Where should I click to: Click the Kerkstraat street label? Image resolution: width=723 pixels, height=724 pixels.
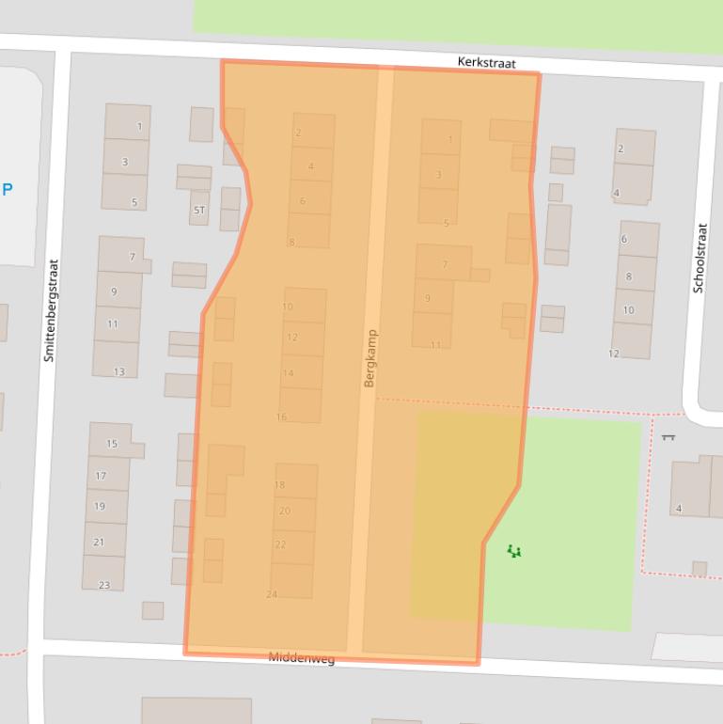(486, 62)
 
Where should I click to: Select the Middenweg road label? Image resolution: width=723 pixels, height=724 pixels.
(302, 657)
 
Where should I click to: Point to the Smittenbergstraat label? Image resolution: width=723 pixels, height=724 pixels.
(50, 311)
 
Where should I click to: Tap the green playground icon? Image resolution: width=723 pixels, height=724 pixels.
(513, 551)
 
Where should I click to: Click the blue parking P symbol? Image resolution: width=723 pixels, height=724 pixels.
(8, 189)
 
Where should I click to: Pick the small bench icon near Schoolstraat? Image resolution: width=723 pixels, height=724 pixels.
(668, 436)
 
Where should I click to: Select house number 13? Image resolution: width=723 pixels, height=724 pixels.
(118, 371)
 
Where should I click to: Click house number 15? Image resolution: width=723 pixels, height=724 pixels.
(112, 444)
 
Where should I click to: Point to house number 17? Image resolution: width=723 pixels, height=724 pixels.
(101, 476)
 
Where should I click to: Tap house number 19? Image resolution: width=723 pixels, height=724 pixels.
(100, 507)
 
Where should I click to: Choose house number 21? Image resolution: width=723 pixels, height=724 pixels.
(99, 543)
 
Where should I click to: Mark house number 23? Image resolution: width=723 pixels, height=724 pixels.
(103, 585)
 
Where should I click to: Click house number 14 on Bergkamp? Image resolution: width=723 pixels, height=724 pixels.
(288, 373)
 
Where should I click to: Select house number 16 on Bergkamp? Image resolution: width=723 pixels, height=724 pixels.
(281, 417)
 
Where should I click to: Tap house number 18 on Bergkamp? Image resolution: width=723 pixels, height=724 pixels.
(279, 485)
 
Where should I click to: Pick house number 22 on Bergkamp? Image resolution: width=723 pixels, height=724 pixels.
(280, 544)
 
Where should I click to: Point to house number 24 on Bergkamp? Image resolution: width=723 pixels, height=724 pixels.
(272, 594)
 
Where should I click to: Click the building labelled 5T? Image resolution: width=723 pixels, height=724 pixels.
(198, 210)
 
